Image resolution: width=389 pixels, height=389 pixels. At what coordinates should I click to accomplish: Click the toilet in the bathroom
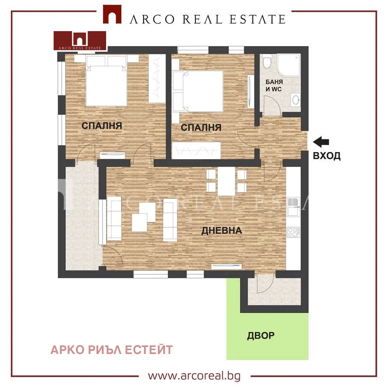click(x=267, y=61)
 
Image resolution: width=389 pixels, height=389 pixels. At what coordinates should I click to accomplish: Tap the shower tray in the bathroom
click(x=289, y=65)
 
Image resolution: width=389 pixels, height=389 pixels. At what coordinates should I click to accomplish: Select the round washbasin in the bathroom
click(x=295, y=100)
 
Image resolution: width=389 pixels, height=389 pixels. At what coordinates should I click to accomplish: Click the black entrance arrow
click(x=321, y=142)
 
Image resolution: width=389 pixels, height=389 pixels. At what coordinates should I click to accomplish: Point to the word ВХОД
click(x=326, y=156)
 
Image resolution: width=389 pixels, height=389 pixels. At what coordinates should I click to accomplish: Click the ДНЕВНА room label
click(x=222, y=231)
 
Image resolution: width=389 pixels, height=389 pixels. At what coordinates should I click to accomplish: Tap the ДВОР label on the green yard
click(x=261, y=336)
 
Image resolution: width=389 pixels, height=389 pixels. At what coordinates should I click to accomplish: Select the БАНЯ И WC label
click(x=274, y=86)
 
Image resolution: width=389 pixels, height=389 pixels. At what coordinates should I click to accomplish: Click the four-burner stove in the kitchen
click(x=293, y=232)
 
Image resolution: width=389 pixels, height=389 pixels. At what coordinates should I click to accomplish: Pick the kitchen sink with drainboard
click(x=293, y=207)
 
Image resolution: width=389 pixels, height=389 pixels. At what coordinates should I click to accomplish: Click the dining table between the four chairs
click(x=226, y=181)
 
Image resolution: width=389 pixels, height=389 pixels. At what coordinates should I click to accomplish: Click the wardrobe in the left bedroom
click(x=157, y=79)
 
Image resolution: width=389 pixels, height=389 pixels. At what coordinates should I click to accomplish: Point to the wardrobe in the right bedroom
click(x=196, y=150)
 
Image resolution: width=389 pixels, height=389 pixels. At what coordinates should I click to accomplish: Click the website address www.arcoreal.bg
click(x=194, y=376)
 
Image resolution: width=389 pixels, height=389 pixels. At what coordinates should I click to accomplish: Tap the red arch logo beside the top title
click(x=112, y=14)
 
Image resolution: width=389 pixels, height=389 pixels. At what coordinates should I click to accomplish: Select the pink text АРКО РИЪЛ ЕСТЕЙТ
click(x=112, y=350)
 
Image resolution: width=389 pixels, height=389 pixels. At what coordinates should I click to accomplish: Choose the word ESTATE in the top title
click(x=257, y=19)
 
